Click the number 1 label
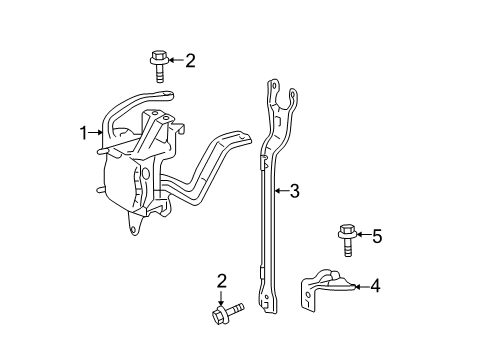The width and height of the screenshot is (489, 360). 85,131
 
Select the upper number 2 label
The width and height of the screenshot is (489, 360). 190,60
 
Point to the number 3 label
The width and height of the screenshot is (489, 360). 294,189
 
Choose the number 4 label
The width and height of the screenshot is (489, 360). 376,287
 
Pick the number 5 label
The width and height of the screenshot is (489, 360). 376,237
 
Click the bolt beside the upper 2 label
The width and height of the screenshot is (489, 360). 160,64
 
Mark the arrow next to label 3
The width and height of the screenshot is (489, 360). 280,189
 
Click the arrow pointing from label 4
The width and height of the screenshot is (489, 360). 362,287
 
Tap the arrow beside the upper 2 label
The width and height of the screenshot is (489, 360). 176,60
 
